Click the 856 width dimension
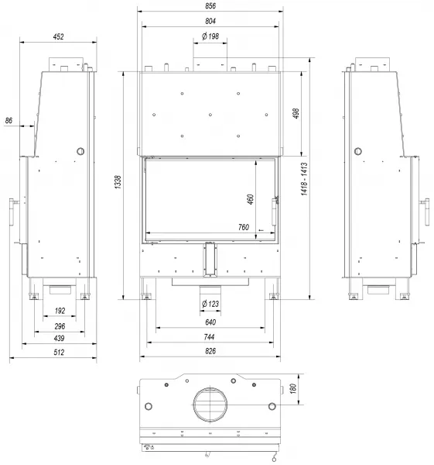click(210, 5)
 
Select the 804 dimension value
click(210, 21)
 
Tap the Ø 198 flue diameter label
click(210, 36)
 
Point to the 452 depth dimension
click(58, 36)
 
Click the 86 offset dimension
click(9, 120)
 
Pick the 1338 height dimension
click(118, 182)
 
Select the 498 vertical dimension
click(296, 113)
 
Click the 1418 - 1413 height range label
click(304, 179)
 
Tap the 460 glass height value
click(250, 199)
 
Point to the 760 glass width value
click(244, 227)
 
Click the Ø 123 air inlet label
click(210, 304)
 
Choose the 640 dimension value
click(210, 322)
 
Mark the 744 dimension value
click(210, 337)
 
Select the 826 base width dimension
click(210, 351)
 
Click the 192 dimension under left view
click(60, 311)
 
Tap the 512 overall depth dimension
click(59, 353)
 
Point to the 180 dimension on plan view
click(292, 388)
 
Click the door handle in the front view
click(274, 212)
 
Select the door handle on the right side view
click(426, 212)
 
